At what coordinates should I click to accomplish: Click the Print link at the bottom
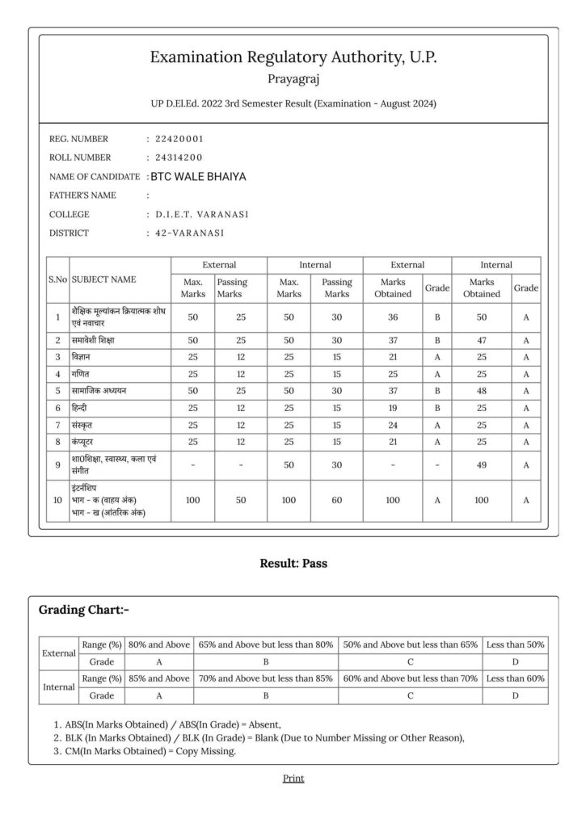pyautogui.click(x=293, y=778)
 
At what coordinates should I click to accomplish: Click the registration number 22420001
pyautogui.click(x=179, y=139)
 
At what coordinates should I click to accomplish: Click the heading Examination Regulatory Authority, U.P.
pyautogui.click(x=293, y=57)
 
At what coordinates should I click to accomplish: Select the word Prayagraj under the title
pyautogui.click(x=293, y=79)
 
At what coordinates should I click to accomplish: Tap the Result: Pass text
pyautogui.click(x=293, y=563)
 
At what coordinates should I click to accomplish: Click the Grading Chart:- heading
pyautogui.click(x=84, y=609)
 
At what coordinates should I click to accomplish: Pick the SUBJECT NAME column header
pyautogui.click(x=104, y=279)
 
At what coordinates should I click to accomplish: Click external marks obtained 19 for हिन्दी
pyautogui.click(x=393, y=407)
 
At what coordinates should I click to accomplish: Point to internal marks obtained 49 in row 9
pyautogui.click(x=481, y=464)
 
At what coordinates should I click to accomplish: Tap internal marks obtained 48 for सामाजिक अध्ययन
pyautogui.click(x=481, y=390)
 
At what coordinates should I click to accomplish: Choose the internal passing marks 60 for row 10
pyautogui.click(x=336, y=501)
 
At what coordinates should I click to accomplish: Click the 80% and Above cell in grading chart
pyautogui.click(x=158, y=644)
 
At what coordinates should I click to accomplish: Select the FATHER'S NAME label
pyautogui.click(x=82, y=195)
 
